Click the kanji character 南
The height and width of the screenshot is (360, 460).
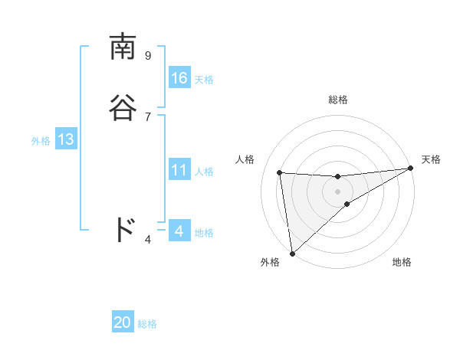click(123, 47)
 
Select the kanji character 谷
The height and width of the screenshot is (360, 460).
click(123, 107)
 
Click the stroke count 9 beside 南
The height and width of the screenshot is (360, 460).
click(148, 55)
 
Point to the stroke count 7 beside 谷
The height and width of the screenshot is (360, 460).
click(148, 116)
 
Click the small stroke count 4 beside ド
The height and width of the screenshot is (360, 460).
click(148, 240)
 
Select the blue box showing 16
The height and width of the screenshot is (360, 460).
click(179, 78)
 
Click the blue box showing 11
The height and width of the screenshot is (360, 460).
click(179, 170)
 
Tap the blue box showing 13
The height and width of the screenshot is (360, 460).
click(66, 139)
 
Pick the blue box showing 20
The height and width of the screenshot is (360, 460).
click(123, 322)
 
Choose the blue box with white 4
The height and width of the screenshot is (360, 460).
click(179, 231)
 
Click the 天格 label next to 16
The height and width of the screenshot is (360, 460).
click(204, 80)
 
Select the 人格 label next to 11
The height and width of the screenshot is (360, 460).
click(204, 172)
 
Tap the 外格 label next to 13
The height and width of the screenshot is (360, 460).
click(41, 141)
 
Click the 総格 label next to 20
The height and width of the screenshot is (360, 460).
click(147, 324)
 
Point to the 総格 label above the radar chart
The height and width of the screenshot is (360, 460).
click(338, 100)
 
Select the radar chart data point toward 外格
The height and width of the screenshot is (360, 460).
click(292, 253)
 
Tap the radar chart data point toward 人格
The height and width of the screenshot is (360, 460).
click(280, 172)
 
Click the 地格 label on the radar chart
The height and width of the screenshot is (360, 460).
click(402, 262)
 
